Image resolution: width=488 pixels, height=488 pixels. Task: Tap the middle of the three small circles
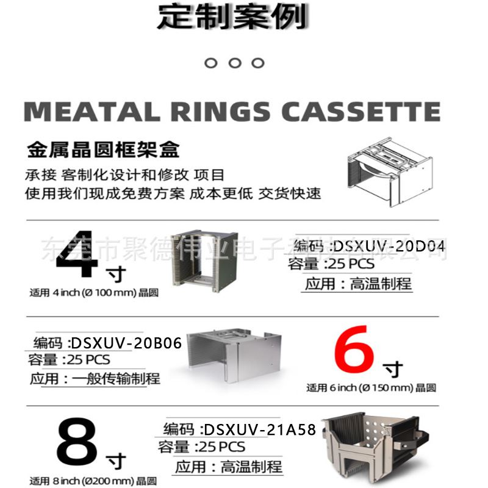[235, 63]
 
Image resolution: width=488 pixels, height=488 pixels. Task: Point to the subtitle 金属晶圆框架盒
[103, 149]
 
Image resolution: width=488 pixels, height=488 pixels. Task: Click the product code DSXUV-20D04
[389, 246]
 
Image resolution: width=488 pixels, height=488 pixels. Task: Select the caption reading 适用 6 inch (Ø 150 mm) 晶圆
[371, 388]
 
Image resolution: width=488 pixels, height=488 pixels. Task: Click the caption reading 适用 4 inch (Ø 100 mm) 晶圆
[94, 293]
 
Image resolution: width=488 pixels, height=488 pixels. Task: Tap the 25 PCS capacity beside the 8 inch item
[219, 447]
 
